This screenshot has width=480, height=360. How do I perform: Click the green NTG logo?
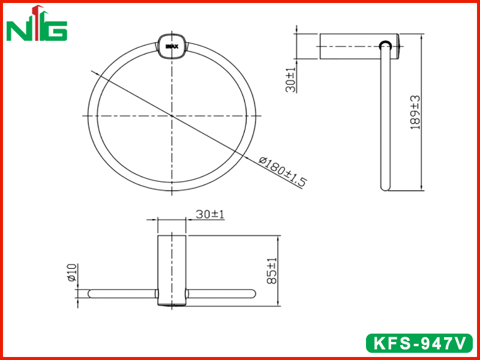pyautogui.click(x=37, y=24)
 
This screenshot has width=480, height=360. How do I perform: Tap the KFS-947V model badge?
pyautogui.click(x=419, y=343)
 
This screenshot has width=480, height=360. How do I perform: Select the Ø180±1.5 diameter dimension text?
pyautogui.click(x=282, y=172)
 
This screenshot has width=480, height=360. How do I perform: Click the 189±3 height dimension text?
pyautogui.click(x=415, y=112)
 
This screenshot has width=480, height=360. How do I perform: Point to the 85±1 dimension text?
pyautogui.click(x=272, y=271)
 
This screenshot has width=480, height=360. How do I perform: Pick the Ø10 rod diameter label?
pyautogui.click(x=72, y=272)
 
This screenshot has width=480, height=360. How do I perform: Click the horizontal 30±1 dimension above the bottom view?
pyautogui.click(x=210, y=214)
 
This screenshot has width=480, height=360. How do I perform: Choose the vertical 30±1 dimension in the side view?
pyautogui.click(x=290, y=80)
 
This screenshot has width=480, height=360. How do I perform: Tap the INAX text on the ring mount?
pyautogui.click(x=172, y=47)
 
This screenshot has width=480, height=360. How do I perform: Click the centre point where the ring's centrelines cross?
pyautogui.click(x=172, y=116)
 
